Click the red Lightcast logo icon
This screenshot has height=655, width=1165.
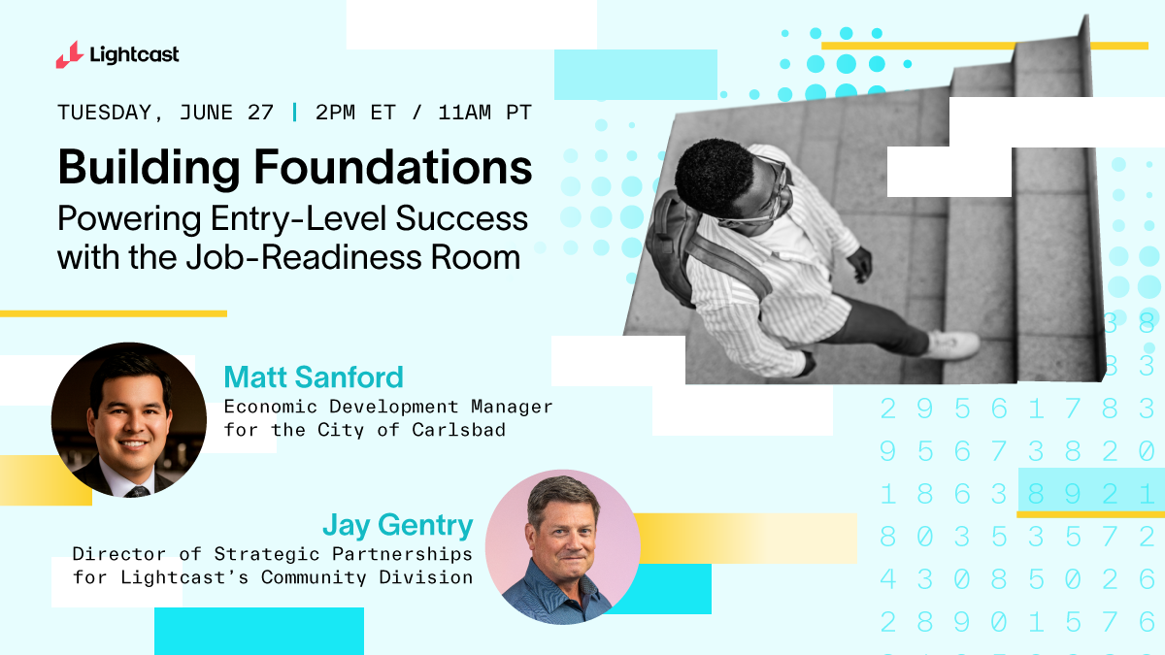(x=69, y=55)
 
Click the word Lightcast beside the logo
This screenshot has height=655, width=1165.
(x=134, y=55)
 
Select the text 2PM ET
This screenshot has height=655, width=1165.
(x=355, y=113)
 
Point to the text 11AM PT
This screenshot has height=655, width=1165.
(x=484, y=113)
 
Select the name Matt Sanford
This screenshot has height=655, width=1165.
(x=313, y=377)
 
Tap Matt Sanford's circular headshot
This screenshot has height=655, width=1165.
(x=128, y=419)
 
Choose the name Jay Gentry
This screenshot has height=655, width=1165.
(x=398, y=526)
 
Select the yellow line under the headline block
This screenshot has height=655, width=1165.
(x=114, y=313)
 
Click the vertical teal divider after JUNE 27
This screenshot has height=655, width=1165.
(x=295, y=113)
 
